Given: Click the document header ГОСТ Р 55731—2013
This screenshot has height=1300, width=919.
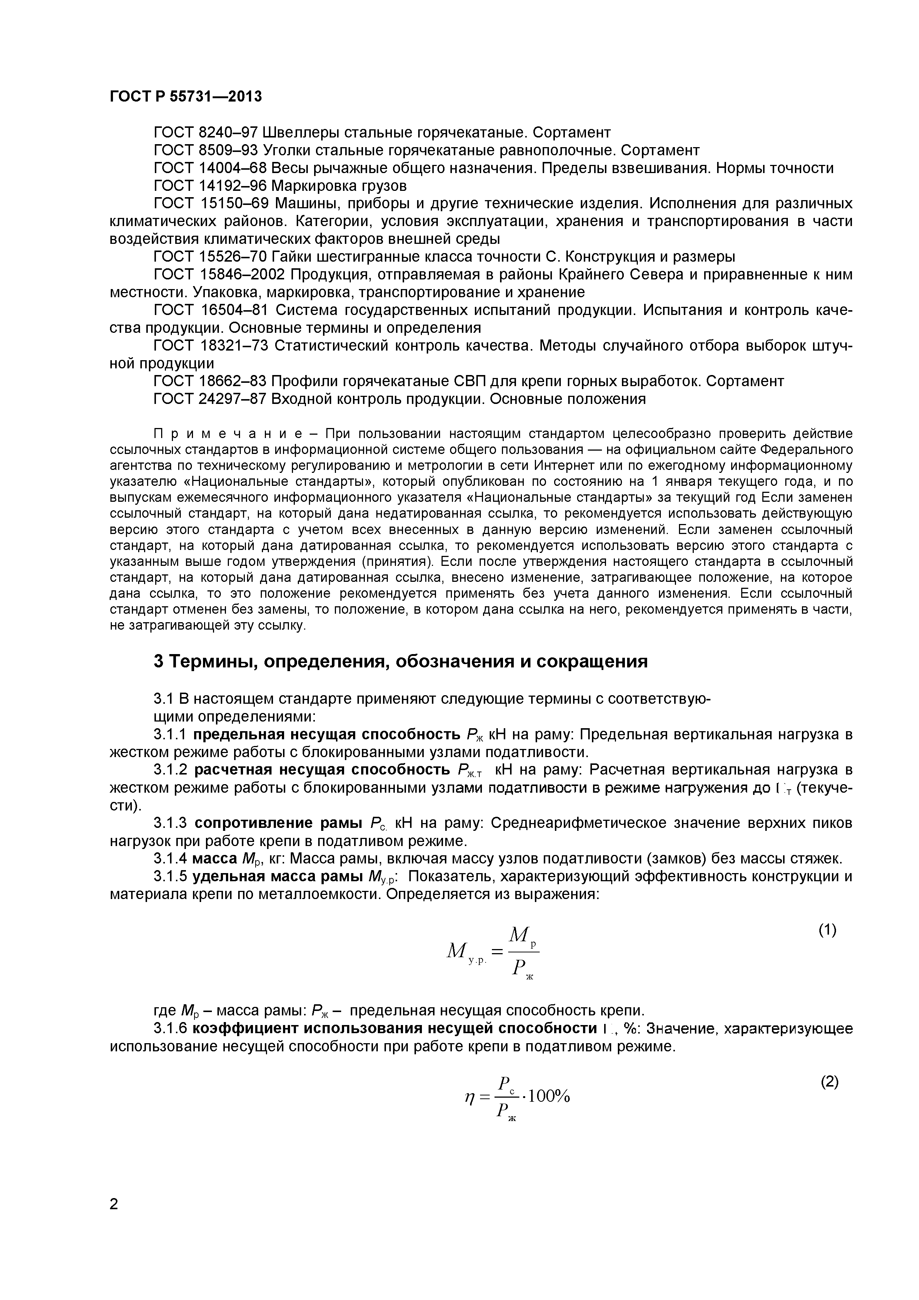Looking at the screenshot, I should (x=186, y=97).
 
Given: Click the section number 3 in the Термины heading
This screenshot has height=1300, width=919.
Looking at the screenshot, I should (x=159, y=661).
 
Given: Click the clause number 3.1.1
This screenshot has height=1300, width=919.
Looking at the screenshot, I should (x=170, y=735).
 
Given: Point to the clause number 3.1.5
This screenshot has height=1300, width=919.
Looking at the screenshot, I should (x=170, y=876).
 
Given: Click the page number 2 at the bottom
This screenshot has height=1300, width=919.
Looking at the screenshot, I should (x=114, y=1220).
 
